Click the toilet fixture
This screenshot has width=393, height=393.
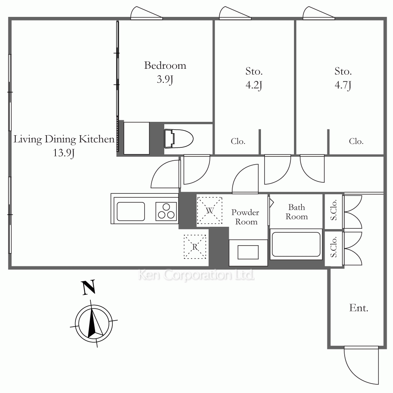(x=178, y=139)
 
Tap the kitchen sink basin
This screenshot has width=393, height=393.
(x=130, y=211)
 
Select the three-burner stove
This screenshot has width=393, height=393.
(x=166, y=211)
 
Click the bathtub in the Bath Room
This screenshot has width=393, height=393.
(x=296, y=244)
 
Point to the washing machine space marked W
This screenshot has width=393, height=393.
(x=209, y=211)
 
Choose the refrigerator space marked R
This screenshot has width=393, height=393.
(x=195, y=247)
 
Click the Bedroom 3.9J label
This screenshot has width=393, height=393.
(x=165, y=72)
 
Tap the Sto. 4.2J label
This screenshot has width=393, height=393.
(x=254, y=78)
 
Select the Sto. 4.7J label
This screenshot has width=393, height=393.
(x=343, y=78)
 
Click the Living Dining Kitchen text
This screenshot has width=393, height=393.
(x=64, y=139)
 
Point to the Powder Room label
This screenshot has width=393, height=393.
(x=245, y=217)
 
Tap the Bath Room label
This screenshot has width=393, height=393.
(x=296, y=212)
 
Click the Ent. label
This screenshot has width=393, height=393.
(x=359, y=308)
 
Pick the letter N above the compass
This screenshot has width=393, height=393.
(x=88, y=287)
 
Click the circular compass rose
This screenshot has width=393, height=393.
(x=94, y=323)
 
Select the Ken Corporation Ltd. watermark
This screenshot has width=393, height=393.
(x=196, y=275)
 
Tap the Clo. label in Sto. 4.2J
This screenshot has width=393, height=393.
(x=238, y=141)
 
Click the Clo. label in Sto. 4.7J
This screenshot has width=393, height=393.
(x=356, y=141)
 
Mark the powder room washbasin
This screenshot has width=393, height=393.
(x=248, y=252)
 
